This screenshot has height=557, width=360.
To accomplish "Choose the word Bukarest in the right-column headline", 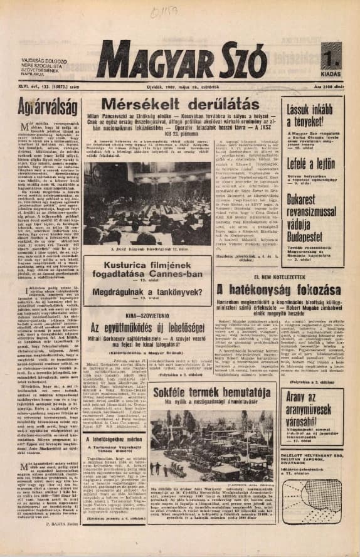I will pyautogui.click(x=291, y=198).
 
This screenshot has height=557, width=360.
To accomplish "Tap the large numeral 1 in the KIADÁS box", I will pyautogui.click(x=331, y=59).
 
